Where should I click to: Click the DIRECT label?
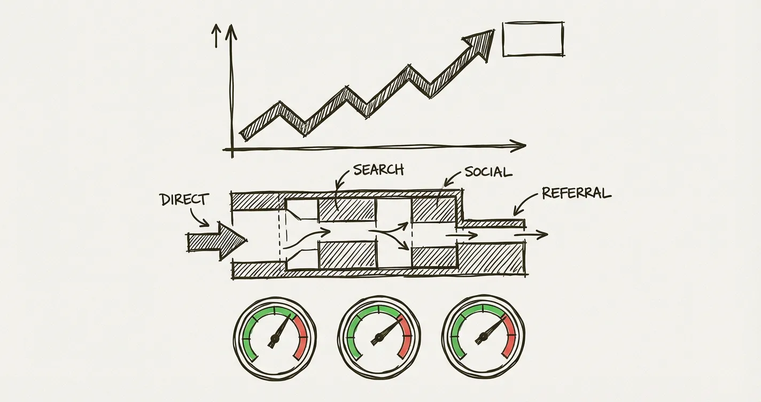pos(183,199)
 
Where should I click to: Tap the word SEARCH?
pos(378,170)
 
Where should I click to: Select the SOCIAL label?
pos(488,172)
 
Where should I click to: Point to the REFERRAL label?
pos(576,193)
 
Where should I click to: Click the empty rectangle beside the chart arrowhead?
pos(533,39)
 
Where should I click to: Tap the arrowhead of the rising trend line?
pos(480,43)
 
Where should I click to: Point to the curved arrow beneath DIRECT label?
pos(199,217)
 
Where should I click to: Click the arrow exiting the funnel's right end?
pos(531,235)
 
